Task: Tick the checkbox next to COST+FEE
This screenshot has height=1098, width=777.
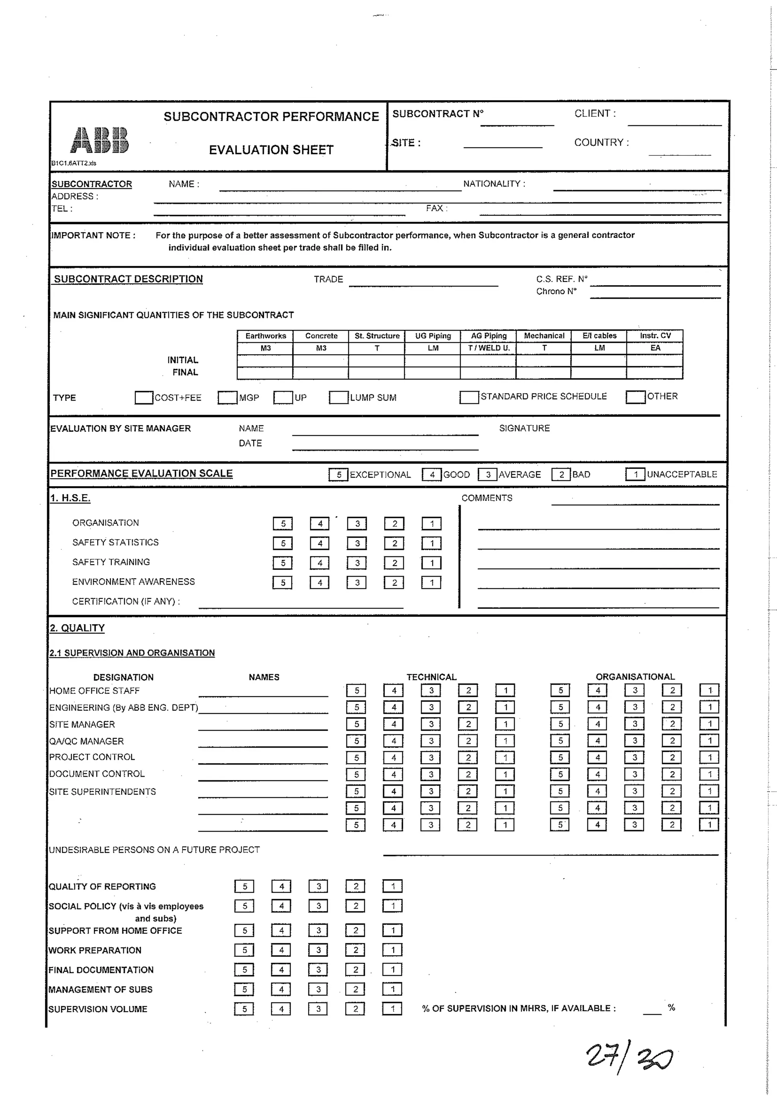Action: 143,397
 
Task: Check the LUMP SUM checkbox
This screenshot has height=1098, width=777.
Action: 338,397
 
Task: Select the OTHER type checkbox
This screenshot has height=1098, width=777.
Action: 635,397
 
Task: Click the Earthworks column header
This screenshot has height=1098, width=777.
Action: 266,336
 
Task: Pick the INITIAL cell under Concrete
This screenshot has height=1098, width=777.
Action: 321,361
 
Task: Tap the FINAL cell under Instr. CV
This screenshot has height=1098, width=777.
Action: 654,373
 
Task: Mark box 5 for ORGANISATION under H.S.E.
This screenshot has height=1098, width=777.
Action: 283,524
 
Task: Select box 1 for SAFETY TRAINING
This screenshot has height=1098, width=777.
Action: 431,563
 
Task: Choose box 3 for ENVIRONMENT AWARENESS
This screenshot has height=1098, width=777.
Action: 357,582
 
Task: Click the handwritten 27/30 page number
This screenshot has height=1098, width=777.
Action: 629,1057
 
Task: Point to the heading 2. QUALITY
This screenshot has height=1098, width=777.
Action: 77,628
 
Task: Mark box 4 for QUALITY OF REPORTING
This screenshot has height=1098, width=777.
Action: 282,886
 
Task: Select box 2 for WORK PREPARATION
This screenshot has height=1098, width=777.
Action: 355,950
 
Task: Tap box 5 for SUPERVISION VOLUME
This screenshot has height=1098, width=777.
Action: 244,1009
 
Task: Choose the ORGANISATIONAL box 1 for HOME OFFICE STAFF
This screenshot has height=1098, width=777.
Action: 709,690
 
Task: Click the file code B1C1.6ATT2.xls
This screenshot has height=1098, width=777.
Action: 74,163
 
